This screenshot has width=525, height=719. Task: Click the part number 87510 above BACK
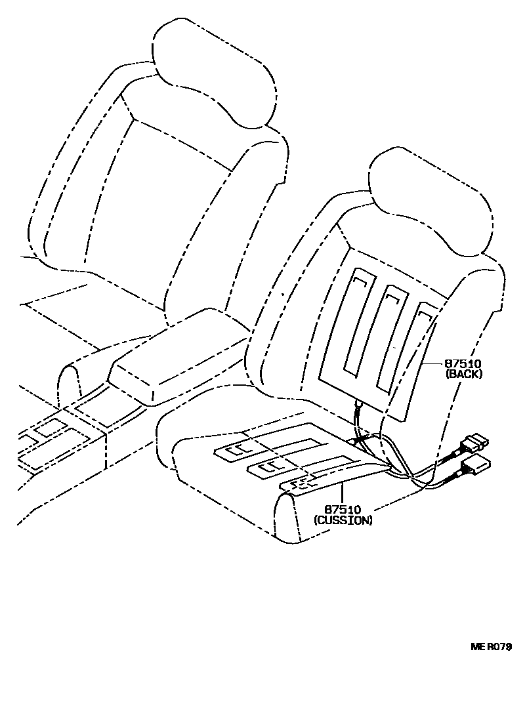(x=464, y=363)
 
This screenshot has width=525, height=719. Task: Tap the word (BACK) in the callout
(x=464, y=374)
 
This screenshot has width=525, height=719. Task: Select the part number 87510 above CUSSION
(x=343, y=510)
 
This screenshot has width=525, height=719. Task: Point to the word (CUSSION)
(x=343, y=520)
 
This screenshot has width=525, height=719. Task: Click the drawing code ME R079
(x=491, y=646)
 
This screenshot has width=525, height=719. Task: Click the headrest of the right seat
(x=430, y=197)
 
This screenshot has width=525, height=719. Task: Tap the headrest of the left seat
(x=213, y=72)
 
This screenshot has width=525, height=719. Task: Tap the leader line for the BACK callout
(x=433, y=363)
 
